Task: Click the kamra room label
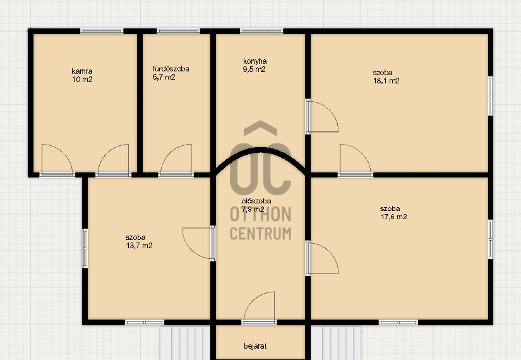(x=81, y=71)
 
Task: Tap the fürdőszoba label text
(x=171, y=69)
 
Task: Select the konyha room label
(x=255, y=61)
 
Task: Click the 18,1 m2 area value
(x=386, y=81)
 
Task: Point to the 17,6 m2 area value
(x=393, y=217)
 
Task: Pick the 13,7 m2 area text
(x=139, y=246)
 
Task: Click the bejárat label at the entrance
(x=255, y=346)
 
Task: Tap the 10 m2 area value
(x=82, y=80)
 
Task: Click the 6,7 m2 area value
(x=164, y=77)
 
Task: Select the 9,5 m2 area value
(x=255, y=69)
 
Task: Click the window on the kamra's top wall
(x=102, y=31)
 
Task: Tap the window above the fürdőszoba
(x=179, y=31)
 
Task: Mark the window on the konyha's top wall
(x=261, y=31)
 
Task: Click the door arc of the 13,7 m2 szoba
(x=189, y=248)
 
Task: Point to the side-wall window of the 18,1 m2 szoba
(x=491, y=96)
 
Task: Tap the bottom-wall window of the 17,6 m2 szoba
(x=398, y=323)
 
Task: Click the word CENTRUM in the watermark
(x=260, y=234)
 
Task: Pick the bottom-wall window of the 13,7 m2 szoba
(x=145, y=323)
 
